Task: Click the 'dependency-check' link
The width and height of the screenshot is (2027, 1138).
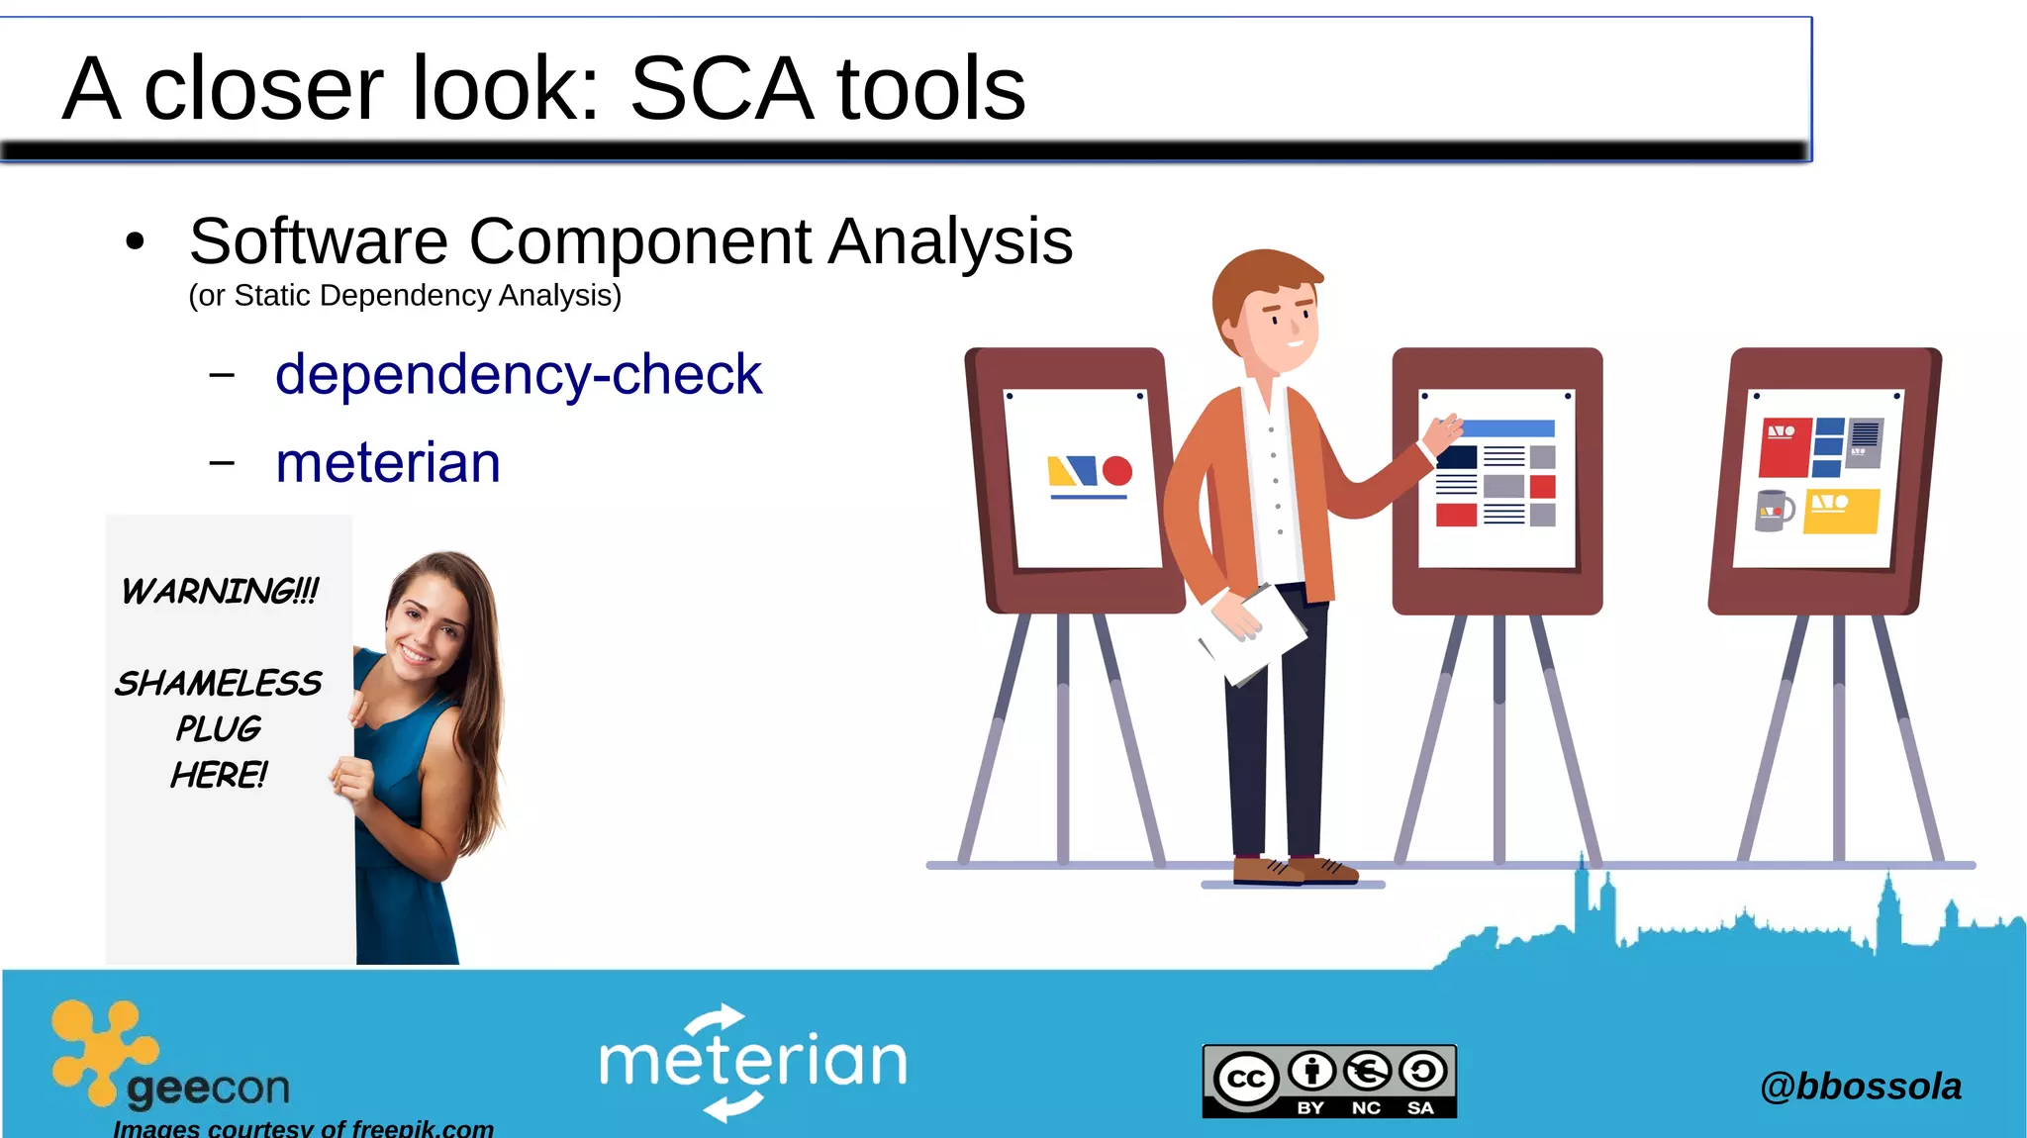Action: click(x=518, y=375)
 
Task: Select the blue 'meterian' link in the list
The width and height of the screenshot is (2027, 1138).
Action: click(x=388, y=463)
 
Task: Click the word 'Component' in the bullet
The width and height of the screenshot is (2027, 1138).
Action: click(x=639, y=241)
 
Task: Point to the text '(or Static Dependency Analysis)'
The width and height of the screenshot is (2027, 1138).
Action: click(x=405, y=296)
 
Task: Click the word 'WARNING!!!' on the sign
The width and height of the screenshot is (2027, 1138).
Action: click(x=220, y=592)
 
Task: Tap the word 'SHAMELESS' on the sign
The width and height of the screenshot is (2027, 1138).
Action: click(x=218, y=683)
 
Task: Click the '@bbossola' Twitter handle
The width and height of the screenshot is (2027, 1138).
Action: click(x=1860, y=1087)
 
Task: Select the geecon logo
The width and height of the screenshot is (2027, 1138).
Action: click(x=168, y=1059)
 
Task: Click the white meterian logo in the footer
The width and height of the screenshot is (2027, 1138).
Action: click(x=752, y=1062)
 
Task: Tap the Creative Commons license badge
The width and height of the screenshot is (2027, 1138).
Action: click(x=1329, y=1081)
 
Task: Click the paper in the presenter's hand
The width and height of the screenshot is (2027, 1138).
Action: click(x=1252, y=633)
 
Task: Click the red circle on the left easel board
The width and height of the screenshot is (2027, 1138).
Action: click(x=1117, y=471)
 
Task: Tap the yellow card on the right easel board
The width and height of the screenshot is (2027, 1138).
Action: click(x=1840, y=511)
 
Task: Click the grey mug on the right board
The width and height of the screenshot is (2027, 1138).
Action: click(x=1773, y=510)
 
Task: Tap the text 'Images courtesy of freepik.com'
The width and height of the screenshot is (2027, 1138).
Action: click(x=303, y=1128)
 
